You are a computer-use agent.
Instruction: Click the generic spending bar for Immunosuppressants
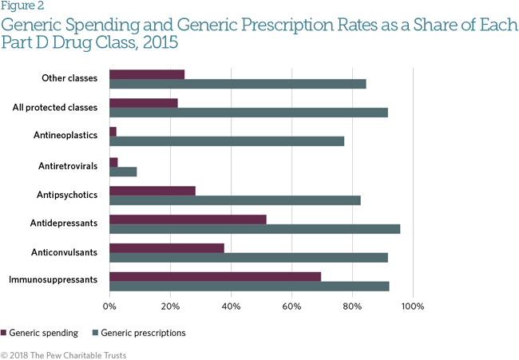[215, 276]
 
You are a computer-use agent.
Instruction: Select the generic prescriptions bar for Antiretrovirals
[123, 172]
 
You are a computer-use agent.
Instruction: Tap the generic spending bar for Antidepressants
[188, 219]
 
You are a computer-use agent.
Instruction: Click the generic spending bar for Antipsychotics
[152, 191]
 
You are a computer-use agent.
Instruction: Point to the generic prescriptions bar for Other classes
[237, 84]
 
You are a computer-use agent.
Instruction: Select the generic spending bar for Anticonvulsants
[166, 247]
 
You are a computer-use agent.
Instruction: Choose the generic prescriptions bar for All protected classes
[248, 113]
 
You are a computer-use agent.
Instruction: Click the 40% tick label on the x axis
[231, 306]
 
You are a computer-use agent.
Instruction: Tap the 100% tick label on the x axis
[413, 306]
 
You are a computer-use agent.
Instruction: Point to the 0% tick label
[109, 306]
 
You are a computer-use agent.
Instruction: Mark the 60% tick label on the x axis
[291, 306]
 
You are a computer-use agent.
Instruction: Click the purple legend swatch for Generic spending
[4, 332]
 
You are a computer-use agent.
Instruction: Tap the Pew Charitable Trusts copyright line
[63, 354]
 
